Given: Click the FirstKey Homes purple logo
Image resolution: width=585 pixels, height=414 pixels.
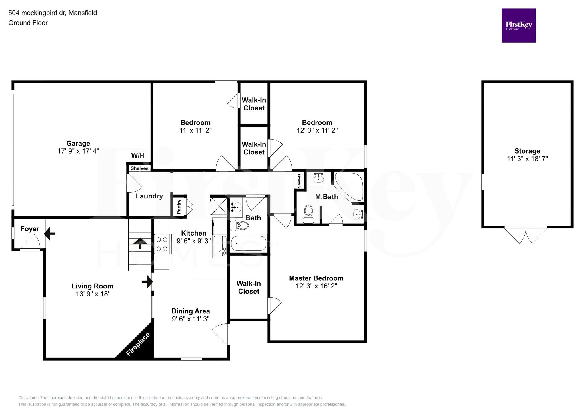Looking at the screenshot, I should click(518, 25).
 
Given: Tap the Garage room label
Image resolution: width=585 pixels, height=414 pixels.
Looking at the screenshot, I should click(78, 143).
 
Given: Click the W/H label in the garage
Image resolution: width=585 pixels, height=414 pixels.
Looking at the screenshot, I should click(138, 156).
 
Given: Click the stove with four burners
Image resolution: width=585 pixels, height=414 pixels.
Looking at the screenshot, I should click(162, 244).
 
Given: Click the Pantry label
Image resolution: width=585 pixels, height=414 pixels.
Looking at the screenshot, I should click(179, 207).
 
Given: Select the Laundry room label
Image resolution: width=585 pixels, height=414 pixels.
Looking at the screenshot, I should click(149, 196).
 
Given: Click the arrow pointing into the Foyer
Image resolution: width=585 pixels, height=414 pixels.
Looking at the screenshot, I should click(50, 233).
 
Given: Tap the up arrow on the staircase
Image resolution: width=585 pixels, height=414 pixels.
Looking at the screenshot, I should click(140, 243).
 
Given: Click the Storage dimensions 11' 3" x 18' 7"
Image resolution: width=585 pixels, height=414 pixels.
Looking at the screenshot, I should click(527, 159).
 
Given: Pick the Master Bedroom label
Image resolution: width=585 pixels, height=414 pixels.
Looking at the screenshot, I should click(316, 278).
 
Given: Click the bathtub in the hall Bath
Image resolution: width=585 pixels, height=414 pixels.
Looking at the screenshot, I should click(249, 244).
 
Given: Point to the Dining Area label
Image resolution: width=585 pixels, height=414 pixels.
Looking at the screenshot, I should click(191, 311).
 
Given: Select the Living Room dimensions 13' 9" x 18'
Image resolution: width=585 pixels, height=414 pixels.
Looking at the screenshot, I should click(93, 294).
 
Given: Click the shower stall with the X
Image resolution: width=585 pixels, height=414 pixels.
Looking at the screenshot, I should click(219, 206).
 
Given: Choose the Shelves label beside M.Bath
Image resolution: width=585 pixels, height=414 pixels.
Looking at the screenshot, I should click(299, 180).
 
